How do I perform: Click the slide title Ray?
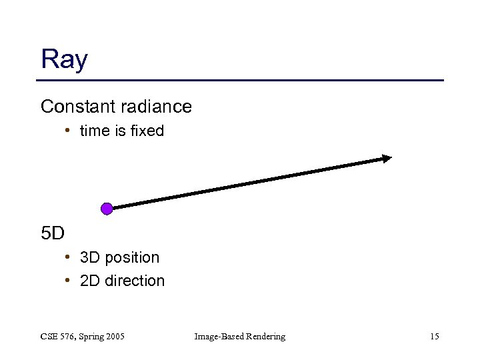coord(64,60)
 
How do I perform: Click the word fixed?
coord(147,131)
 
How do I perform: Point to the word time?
coord(94,131)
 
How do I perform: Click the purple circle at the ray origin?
coord(107,209)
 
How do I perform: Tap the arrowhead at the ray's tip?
coord(387,158)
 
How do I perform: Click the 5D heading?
coord(53,234)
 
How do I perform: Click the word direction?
coord(134,281)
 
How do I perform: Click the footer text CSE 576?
coord(58,337)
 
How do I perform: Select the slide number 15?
coord(434,337)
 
